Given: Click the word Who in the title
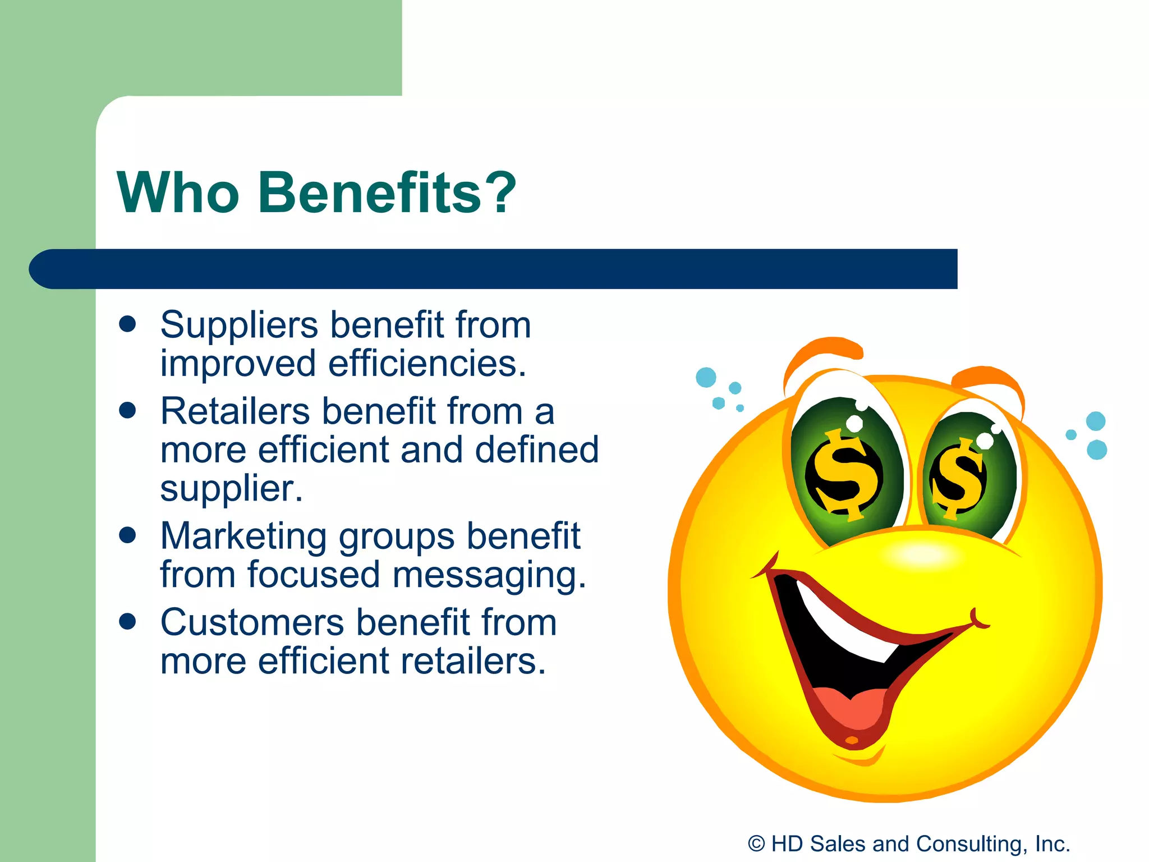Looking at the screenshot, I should tap(178, 192).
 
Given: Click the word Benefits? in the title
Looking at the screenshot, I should tap(387, 192).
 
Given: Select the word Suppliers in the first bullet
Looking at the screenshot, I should tap(240, 325).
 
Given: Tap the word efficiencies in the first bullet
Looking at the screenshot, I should tap(426, 364).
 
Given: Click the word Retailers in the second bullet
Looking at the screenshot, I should tap(235, 411).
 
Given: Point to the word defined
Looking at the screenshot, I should tap(537, 450).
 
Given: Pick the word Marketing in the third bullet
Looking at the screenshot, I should tap(243, 537).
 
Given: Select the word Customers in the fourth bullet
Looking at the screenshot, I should tap(252, 622).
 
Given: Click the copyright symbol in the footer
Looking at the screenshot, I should tap(756, 843).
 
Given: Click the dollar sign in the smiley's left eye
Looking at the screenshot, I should tap(844, 474).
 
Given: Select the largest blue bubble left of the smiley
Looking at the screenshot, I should tap(706, 377).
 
